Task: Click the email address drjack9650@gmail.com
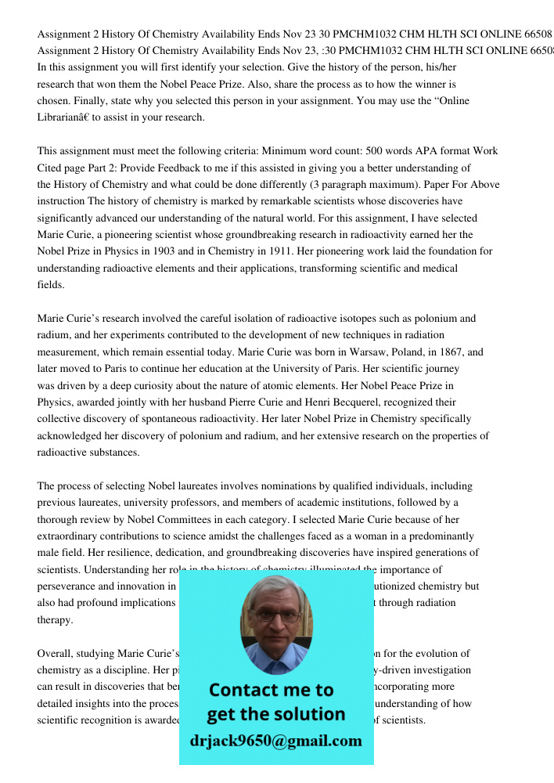tap(275, 741)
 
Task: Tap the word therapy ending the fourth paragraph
tap(55, 619)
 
